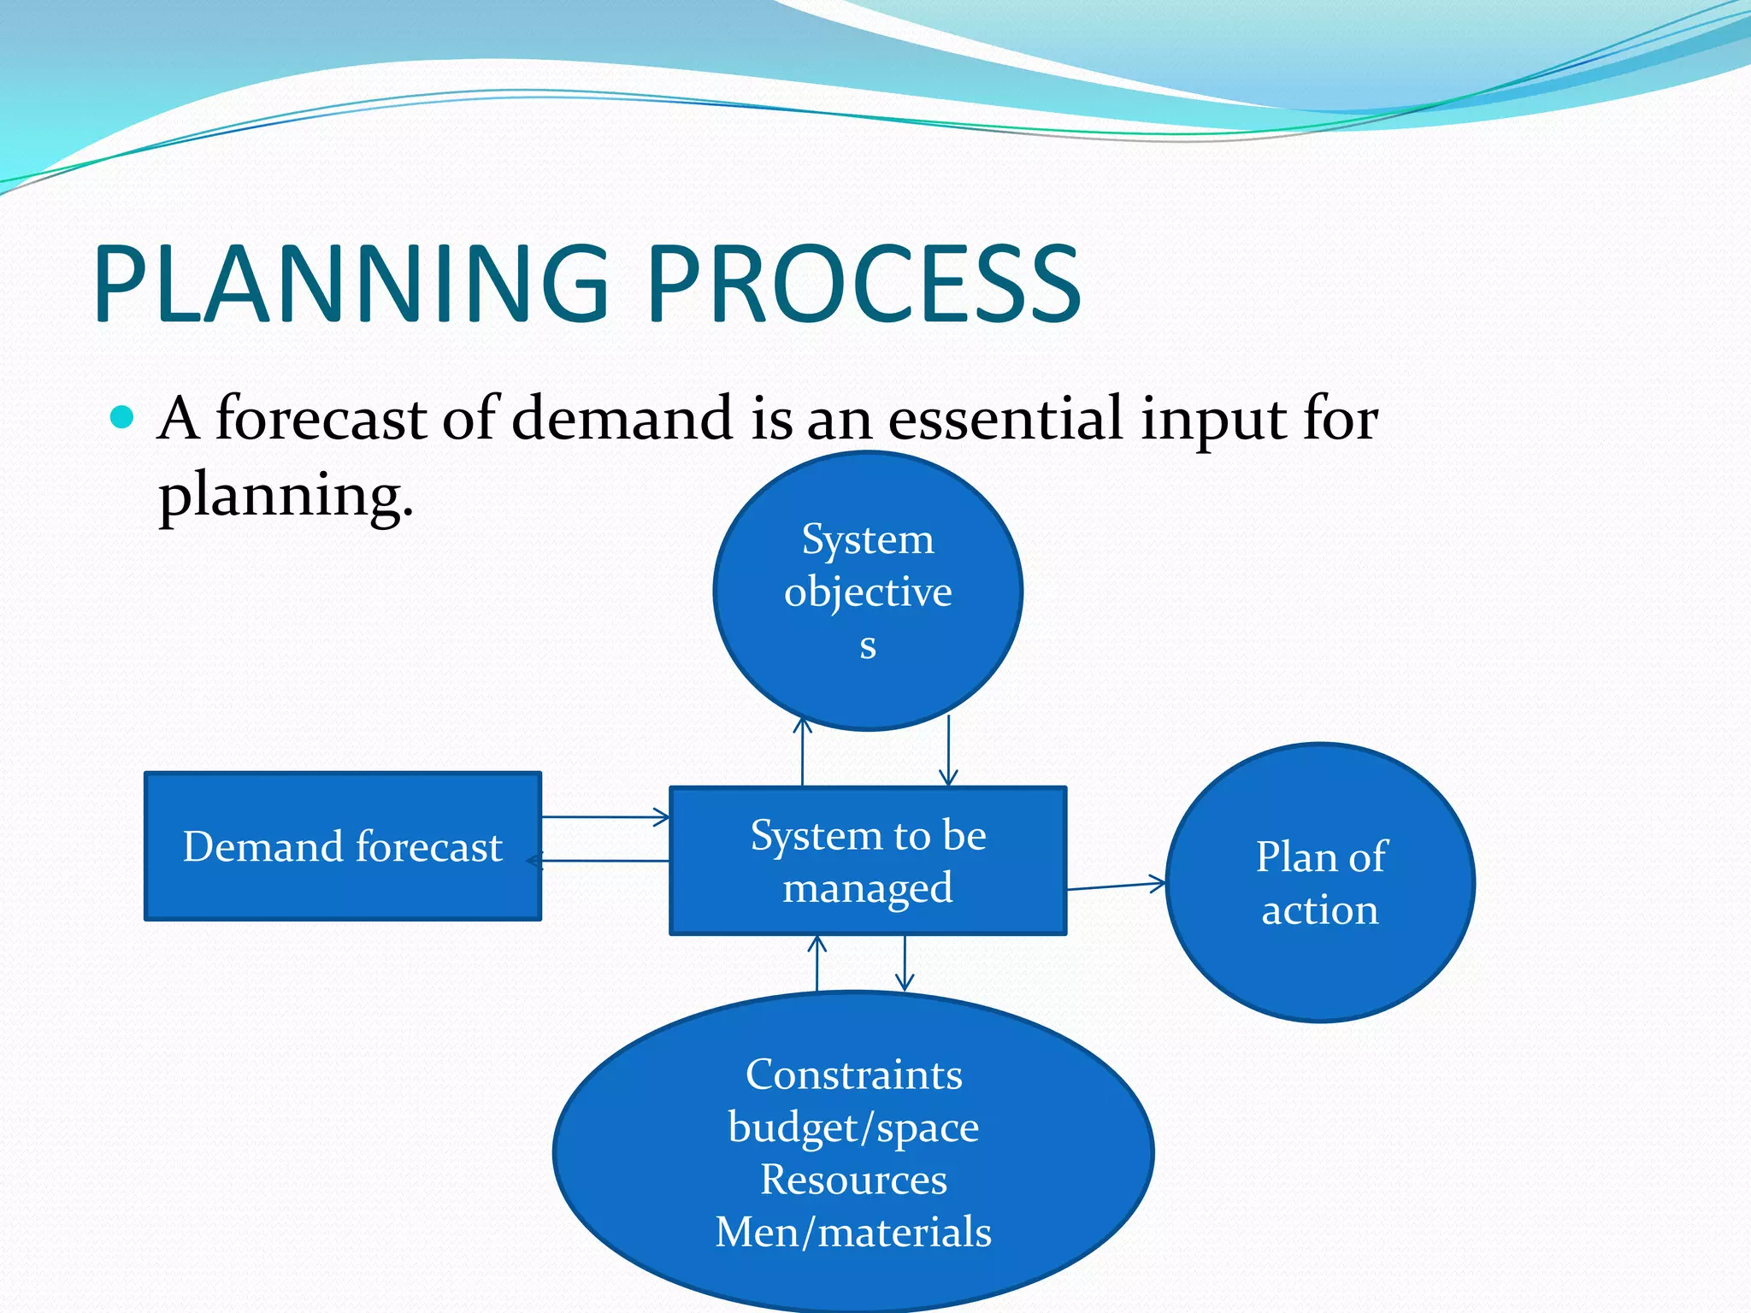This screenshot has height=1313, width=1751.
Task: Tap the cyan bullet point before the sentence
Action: (123, 417)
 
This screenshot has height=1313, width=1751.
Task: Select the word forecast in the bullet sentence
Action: (321, 419)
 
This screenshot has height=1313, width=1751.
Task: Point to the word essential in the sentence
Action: (1005, 419)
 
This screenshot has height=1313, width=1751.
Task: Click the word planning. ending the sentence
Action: (286, 496)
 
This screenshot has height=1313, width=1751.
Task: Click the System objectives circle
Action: (868, 590)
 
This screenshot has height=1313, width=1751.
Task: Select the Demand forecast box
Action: (342, 846)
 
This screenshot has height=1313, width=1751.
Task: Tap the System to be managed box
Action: (868, 861)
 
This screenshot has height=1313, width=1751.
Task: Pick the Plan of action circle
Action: (1320, 882)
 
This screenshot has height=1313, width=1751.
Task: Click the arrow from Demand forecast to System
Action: (605, 817)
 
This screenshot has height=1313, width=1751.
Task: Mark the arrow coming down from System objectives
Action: (948, 751)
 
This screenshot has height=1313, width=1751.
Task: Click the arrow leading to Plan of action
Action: (1116, 886)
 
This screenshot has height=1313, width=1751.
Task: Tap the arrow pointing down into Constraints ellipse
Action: (905, 963)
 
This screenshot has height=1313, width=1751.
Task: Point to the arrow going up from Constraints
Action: (817, 963)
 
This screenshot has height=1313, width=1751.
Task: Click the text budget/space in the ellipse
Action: (853, 1127)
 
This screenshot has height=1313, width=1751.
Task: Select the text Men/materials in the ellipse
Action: (853, 1232)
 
